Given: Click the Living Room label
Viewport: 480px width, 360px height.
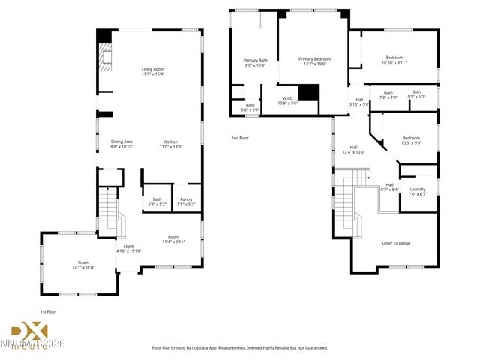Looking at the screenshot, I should (x=153, y=72).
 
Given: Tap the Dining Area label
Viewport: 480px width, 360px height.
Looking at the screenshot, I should (x=121, y=144).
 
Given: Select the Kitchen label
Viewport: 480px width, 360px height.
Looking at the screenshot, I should (x=171, y=144).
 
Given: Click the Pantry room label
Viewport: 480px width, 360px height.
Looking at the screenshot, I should (x=186, y=201).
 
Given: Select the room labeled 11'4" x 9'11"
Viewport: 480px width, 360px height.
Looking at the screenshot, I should (x=173, y=238).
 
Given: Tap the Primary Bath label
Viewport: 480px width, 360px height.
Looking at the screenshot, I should (x=255, y=62).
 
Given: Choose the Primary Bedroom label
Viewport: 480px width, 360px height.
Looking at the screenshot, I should (x=314, y=61).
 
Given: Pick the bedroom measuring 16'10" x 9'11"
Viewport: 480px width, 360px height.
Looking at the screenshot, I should (x=394, y=60).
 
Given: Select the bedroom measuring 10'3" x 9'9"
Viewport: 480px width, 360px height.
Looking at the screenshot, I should (x=411, y=140).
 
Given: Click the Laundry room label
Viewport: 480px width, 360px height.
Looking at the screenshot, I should (x=417, y=191).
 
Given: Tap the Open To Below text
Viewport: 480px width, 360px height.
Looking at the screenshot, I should (x=396, y=243).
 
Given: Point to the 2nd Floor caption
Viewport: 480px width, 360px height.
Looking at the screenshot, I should (x=240, y=138).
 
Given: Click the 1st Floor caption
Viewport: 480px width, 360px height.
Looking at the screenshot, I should (x=49, y=310).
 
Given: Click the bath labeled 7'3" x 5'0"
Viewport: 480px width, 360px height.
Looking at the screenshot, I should (x=388, y=94).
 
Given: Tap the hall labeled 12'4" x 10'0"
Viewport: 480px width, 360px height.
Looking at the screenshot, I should (x=353, y=149).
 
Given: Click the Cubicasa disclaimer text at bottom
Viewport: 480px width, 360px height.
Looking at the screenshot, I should (x=240, y=347).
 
